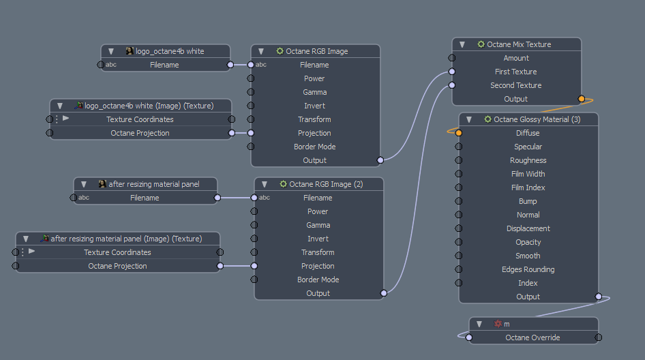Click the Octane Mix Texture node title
(x=519, y=44)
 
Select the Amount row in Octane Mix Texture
(x=516, y=58)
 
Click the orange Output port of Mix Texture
(x=581, y=99)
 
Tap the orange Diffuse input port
(x=459, y=133)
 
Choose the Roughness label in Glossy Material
(x=528, y=160)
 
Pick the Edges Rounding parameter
(x=528, y=269)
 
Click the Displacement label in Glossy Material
(x=528, y=228)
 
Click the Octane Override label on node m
(x=532, y=337)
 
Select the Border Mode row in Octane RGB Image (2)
(x=318, y=280)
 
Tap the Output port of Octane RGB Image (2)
(x=383, y=293)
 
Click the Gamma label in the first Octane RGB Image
(x=314, y=92)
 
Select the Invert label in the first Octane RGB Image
(x=314, y=106)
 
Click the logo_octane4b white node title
(x=170, y=51)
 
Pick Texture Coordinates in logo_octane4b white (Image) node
(x=140, y=119)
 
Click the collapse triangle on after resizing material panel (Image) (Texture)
(x=26, y=239)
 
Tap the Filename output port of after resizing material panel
(x=217, y=198)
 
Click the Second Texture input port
(x=452, y=85)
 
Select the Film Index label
(x=528, y=187)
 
